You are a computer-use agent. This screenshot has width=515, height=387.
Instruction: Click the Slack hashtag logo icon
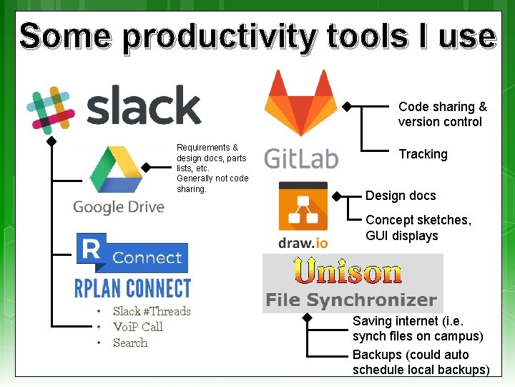coord(50,111)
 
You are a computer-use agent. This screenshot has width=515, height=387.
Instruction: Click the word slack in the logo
coord(144,105)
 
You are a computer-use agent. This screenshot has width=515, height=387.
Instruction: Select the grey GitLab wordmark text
coord(301,157)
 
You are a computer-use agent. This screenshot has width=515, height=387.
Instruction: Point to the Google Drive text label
coord(118,207)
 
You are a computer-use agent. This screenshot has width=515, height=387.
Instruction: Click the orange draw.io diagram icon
coord(303,207)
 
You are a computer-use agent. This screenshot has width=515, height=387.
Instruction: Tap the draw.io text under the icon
coord(303,242)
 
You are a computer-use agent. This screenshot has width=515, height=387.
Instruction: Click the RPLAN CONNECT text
coord(133,288)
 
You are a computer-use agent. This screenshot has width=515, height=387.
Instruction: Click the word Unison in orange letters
coord(348,272)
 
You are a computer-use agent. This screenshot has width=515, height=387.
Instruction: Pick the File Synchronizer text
coord(350,300)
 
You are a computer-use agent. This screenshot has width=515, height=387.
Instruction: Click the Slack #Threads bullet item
coord(152,311)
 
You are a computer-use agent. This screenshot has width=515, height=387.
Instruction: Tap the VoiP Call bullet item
coord(137,327)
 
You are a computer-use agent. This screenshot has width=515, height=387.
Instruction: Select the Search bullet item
coord(130,343)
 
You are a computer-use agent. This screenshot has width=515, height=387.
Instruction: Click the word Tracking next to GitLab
coord(423,154)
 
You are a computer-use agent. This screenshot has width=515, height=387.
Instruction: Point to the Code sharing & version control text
coord(442,114)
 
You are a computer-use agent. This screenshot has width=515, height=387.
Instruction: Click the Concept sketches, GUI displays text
coord(418,228)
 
